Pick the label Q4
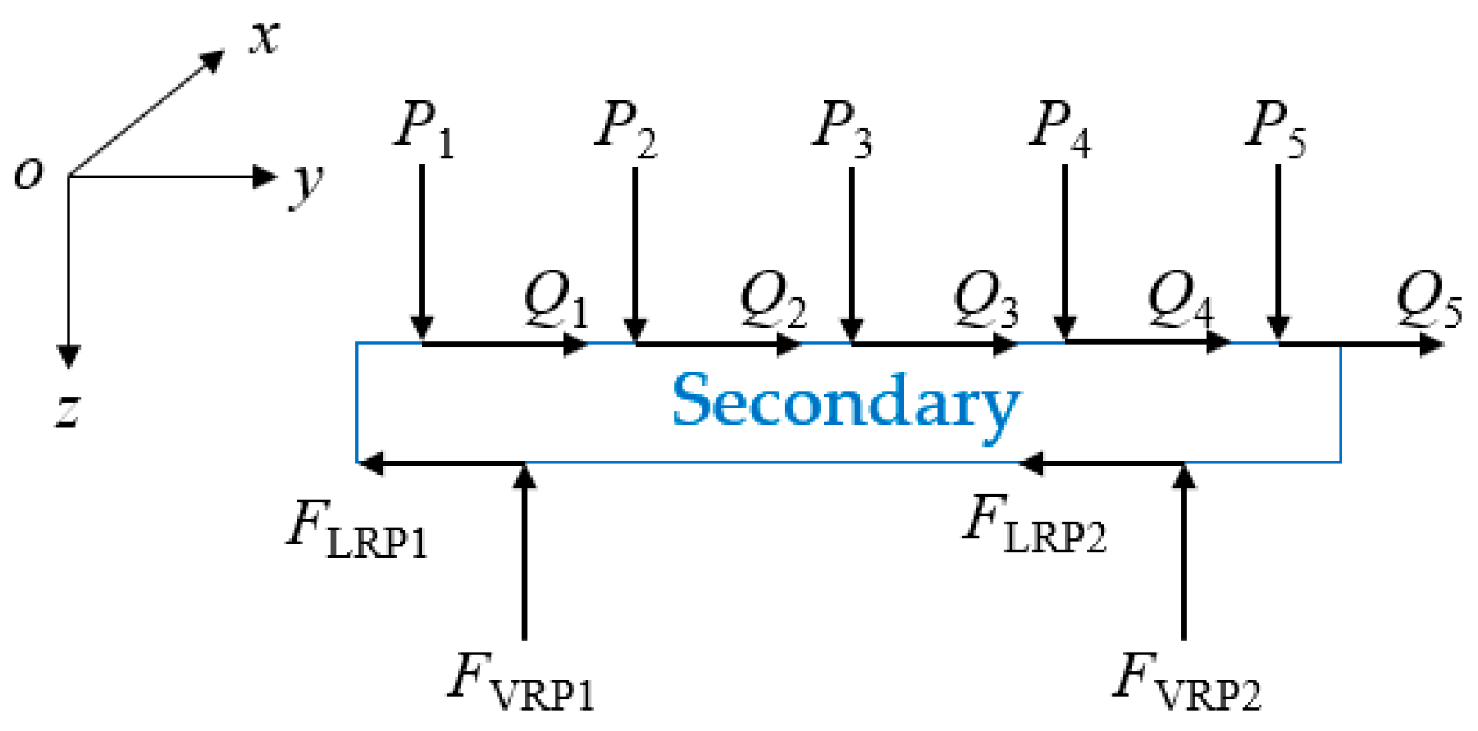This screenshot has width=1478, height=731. tap(1180, 301)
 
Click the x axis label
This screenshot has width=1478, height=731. tap(265, 38)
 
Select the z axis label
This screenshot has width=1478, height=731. tap(68, 408)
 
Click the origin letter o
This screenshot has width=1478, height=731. tap(29, 173)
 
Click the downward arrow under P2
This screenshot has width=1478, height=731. tap(635, 253)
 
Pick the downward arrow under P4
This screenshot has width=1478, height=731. tap(1065, 253)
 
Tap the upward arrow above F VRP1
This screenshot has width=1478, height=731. tap(524, 555)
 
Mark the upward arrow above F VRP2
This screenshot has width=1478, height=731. tap(1184, 555)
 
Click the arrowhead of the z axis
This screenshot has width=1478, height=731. tap(69, 355)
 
